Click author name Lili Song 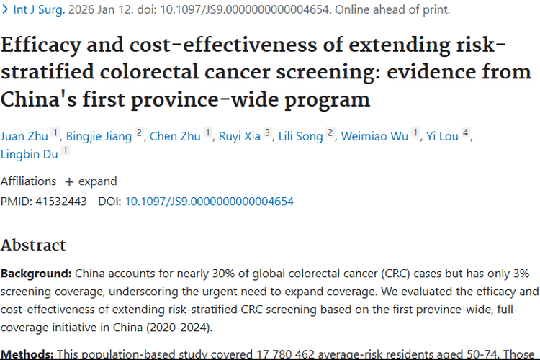(301, 136)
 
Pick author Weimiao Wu (374, 136)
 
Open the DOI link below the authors (209, 202)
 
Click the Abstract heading (33, 245)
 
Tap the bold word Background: (36, 274)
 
